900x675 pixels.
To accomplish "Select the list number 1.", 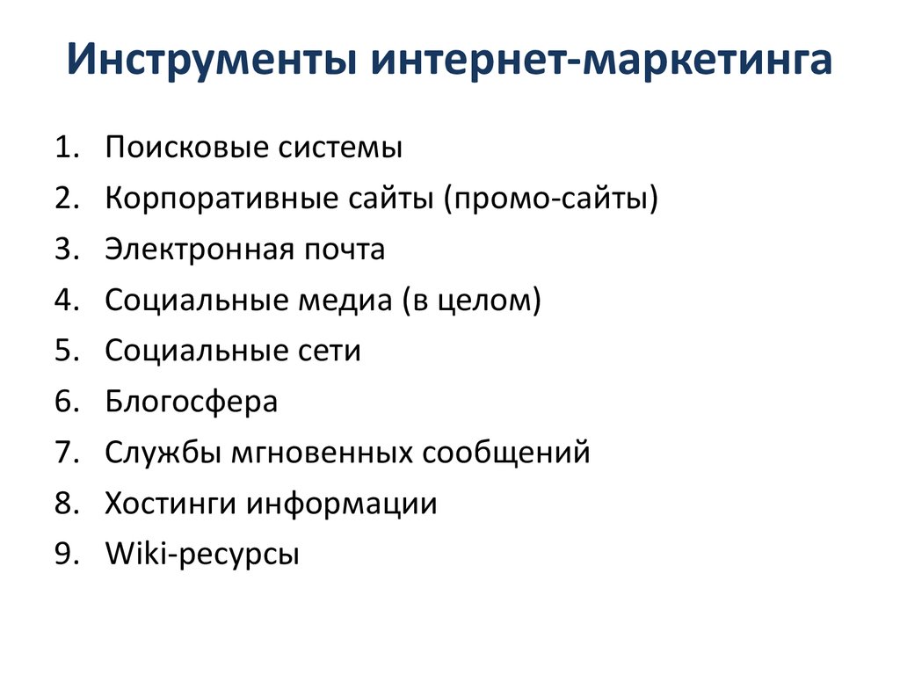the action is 67,147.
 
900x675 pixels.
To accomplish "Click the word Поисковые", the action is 187,148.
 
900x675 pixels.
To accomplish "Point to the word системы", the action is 340,148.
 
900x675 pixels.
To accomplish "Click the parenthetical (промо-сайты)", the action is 551,199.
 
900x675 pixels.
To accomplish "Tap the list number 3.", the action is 67,249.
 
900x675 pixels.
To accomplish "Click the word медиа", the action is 345,301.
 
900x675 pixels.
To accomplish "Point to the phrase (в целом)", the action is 472,301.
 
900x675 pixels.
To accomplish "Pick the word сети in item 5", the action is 330,351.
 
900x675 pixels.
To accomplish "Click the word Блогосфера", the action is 192,402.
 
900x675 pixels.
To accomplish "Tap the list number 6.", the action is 67,401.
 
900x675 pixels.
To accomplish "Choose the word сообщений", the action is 506,453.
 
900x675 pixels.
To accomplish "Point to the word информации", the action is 342,504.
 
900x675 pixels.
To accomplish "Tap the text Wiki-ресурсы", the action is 203,555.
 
